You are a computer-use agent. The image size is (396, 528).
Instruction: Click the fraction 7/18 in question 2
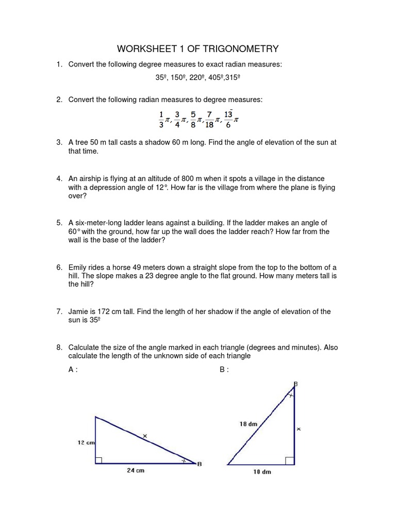[209, 119]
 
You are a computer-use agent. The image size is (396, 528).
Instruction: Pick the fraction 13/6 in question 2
[229, 119]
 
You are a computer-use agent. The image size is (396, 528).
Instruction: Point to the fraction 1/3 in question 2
[161, 119]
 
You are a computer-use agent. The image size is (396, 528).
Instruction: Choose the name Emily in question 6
[78, 267]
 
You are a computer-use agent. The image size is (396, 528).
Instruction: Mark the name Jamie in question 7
[79, 311]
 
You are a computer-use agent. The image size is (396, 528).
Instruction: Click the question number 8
[59, 347]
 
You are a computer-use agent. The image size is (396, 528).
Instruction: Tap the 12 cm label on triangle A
[86, 442]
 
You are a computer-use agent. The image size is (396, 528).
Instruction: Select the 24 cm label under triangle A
[136, 470]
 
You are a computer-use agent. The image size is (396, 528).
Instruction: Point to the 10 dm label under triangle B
[262, 472]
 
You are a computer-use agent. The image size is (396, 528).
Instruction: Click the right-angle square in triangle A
[99, 460]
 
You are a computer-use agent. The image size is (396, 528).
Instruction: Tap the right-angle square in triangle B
[290, 460]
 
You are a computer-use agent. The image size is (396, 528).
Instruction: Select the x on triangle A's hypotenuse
[145, 436]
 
